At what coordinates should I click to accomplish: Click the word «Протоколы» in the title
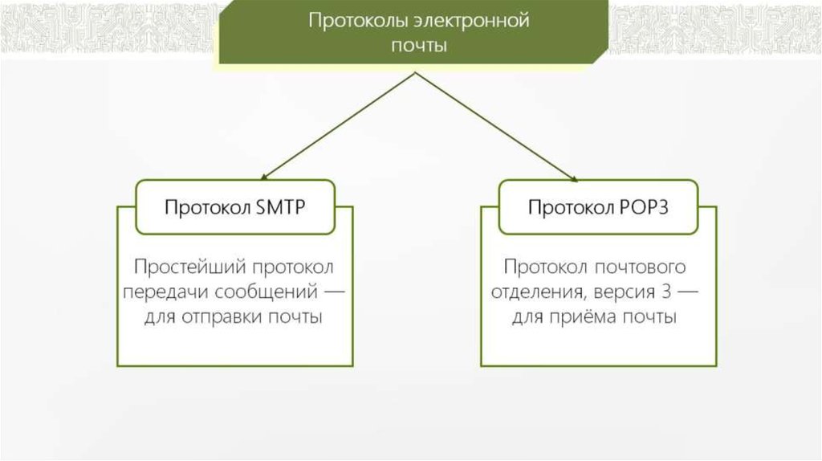coord(351,20)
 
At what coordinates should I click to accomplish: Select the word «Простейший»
coord(189,266)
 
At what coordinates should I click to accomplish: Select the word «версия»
coord(627,291)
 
